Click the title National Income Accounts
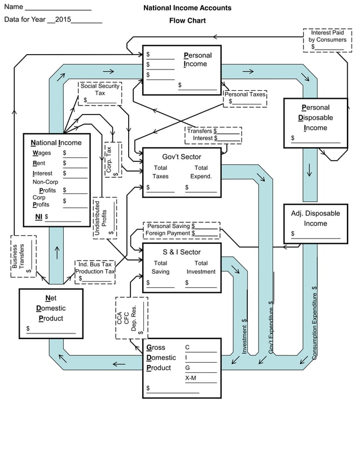pos(187,8)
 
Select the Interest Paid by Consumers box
pos(328,40)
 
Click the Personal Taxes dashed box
pos(245,98)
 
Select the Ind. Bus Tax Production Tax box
pos(95,271)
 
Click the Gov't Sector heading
pos(181,157)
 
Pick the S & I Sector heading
pos(181,252)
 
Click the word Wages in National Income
pos(42,153)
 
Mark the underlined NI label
pos(39,216)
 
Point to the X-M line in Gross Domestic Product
pos(191,378)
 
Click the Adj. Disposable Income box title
pos(315,218)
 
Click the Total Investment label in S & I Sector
pos(201,267)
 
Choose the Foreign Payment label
pos(168,233)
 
